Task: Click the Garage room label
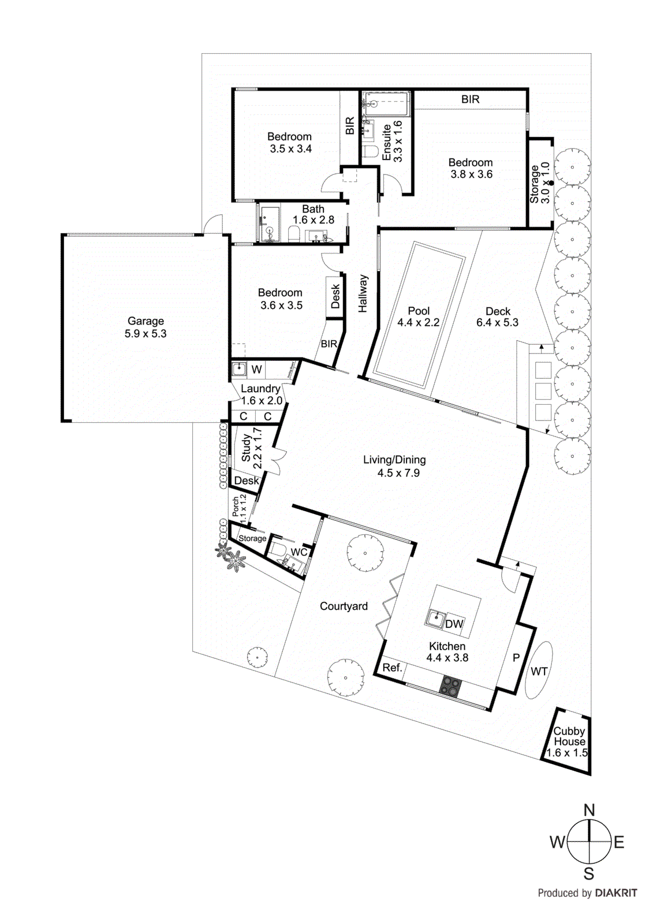coord(145,321)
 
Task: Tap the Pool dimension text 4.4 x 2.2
coord(418,323)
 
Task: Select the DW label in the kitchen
coord(454,624)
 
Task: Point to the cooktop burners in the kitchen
coord(450,686)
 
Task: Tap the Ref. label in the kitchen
coord(392,668)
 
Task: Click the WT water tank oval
coord(539,670)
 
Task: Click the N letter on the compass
coord(589,810)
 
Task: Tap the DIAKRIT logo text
coord(616,893)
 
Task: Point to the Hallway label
coord(363,293)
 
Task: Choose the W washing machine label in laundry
coord(257,370)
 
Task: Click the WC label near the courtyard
coord(298,552)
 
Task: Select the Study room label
coord(247,448)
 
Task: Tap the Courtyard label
coord(344,606)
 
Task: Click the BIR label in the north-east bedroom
coord(470,99)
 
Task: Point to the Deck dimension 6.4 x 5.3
coord(497,323)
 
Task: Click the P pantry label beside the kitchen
coord(516,657)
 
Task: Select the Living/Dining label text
coord(394,460)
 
